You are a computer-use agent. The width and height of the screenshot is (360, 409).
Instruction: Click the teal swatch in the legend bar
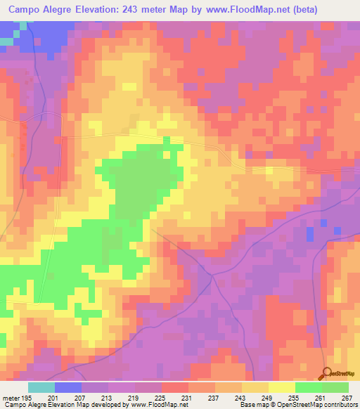tap(41, 387)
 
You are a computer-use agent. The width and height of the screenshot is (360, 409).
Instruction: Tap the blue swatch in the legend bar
tap(68, 387)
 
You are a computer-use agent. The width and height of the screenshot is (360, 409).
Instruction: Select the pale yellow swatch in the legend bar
tap(282, 387)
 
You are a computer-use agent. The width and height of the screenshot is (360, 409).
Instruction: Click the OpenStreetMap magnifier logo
tap(327, 374)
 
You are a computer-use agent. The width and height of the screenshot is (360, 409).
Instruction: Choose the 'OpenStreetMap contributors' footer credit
tap(315, 405)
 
